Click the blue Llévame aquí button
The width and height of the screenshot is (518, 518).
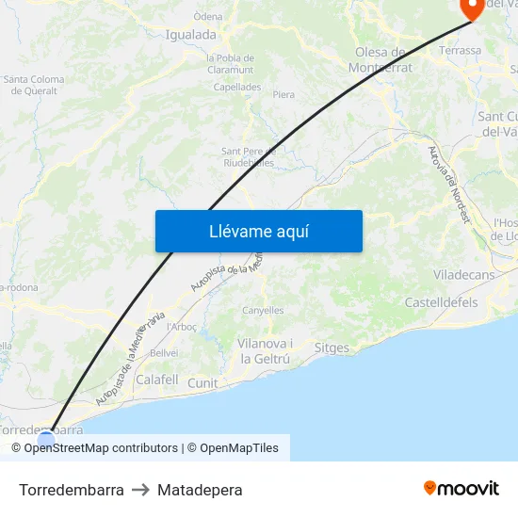click(x=258, y=231)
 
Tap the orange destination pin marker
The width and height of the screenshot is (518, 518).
click(x=471, y=8)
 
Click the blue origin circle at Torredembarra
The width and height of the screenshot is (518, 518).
click(x=46, y=438)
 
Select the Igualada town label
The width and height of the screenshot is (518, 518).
click(x=190, y=35)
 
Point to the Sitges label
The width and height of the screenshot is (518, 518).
click(x=332, y=348)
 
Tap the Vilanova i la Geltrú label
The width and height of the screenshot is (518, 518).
click(x=265, y=351)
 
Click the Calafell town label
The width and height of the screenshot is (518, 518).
click(x=157, y=380)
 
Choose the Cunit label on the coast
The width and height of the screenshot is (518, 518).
click(x=202, y=383)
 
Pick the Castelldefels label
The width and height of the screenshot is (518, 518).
click(x=441, y=302)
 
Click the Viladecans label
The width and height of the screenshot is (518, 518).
click(x=463, y=274)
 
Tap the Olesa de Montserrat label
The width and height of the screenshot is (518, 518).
click(x=380, y=59)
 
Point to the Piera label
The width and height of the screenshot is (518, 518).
click(x=283, y=95)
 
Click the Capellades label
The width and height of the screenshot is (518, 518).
click(x=237, y=87)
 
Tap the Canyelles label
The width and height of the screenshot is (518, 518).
click(x=263, y=310)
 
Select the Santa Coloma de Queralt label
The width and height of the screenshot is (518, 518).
click(x=34, y=86)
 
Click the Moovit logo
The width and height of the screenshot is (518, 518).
click(x=461, y=489)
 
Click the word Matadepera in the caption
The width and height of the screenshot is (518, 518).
click(x=200, y=490)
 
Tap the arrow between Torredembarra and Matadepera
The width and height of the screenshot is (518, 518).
click(x=140, y=490)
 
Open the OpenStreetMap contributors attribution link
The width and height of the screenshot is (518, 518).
click(x=101, y=448)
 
